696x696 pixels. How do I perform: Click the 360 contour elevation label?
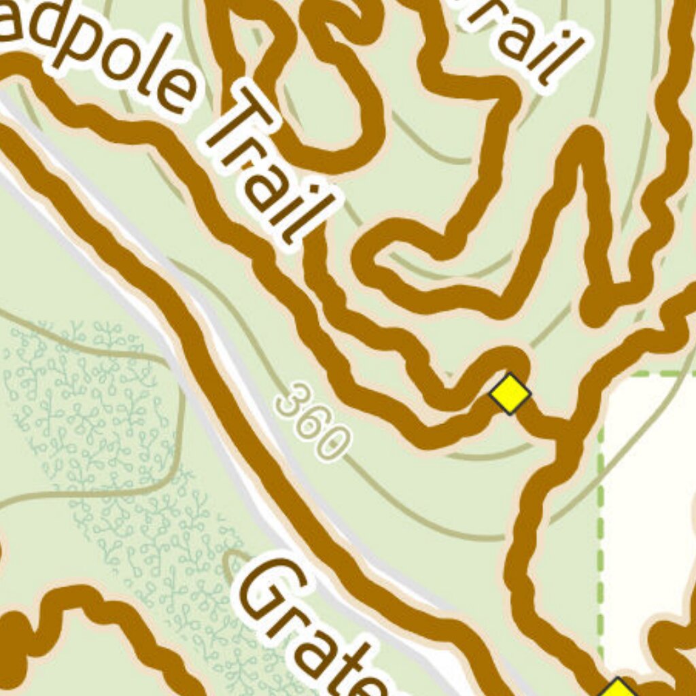313,421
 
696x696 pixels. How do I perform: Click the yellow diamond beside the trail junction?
510,393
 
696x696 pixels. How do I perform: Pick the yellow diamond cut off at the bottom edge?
617,688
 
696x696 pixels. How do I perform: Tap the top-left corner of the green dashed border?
602,375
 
